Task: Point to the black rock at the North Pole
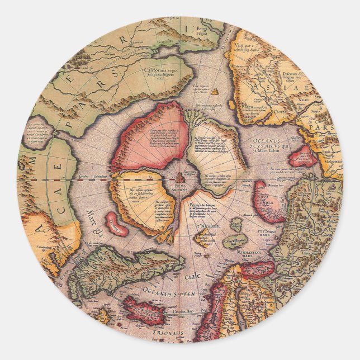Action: (179, 178)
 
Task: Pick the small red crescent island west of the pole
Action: (116, 223)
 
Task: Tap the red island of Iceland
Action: (144, 311)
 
